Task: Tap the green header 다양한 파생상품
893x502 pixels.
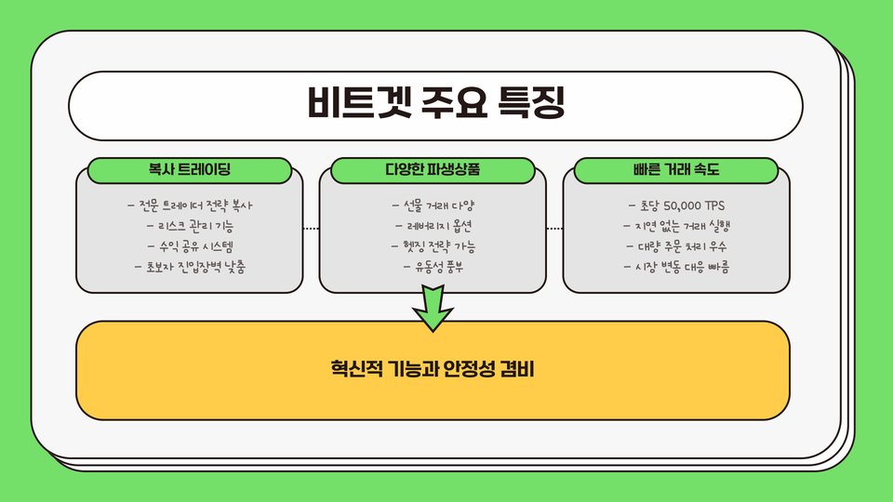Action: tap(433, 171)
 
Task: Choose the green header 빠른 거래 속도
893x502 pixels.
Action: tap(676, 171)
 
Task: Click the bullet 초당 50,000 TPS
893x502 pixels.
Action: tap(676, 205)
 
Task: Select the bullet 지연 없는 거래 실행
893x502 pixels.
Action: tap(676, 226)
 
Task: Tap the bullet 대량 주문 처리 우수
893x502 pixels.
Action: tap(676, 246)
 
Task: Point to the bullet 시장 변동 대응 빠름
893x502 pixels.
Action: tap(676, 268)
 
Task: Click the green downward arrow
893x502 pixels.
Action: tap(433, 308)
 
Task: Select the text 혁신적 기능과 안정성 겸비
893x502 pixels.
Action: tap(433, 371)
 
